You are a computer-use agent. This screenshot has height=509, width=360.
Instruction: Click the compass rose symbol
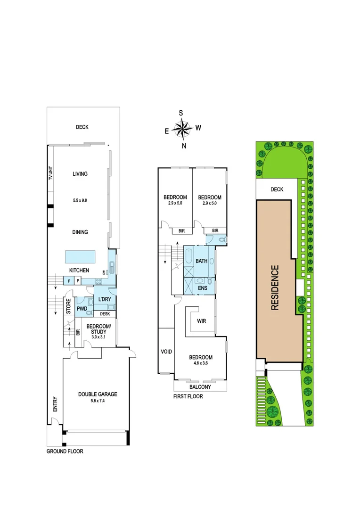(x=181, y=129)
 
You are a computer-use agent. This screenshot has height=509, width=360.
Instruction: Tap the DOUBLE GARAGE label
(x=98, y=394)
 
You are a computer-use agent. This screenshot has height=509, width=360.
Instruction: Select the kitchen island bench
(x=80, y=257)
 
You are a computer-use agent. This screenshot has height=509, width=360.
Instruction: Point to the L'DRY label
(x=104, y=299)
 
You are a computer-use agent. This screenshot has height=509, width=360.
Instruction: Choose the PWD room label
(x=82, y=310)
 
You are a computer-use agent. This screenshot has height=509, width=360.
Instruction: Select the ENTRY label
(x=55, y=403)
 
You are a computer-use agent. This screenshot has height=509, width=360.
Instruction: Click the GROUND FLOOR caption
(x=65, y=451)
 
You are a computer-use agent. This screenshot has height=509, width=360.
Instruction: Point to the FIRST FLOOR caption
(x=188, y=396)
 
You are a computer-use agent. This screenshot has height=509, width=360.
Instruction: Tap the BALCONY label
(x=200, y=387)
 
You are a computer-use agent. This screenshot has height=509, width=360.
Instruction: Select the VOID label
(x=166, y=351)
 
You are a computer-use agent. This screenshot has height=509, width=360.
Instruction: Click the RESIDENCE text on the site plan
(x=275, y=287)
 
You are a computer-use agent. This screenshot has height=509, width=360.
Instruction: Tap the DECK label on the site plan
(x=277, y=189)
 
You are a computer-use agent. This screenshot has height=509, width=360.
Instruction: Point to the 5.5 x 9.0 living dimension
(x=80, y=200)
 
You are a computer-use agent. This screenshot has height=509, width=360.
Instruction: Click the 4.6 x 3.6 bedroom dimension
(x=201, y=364)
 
